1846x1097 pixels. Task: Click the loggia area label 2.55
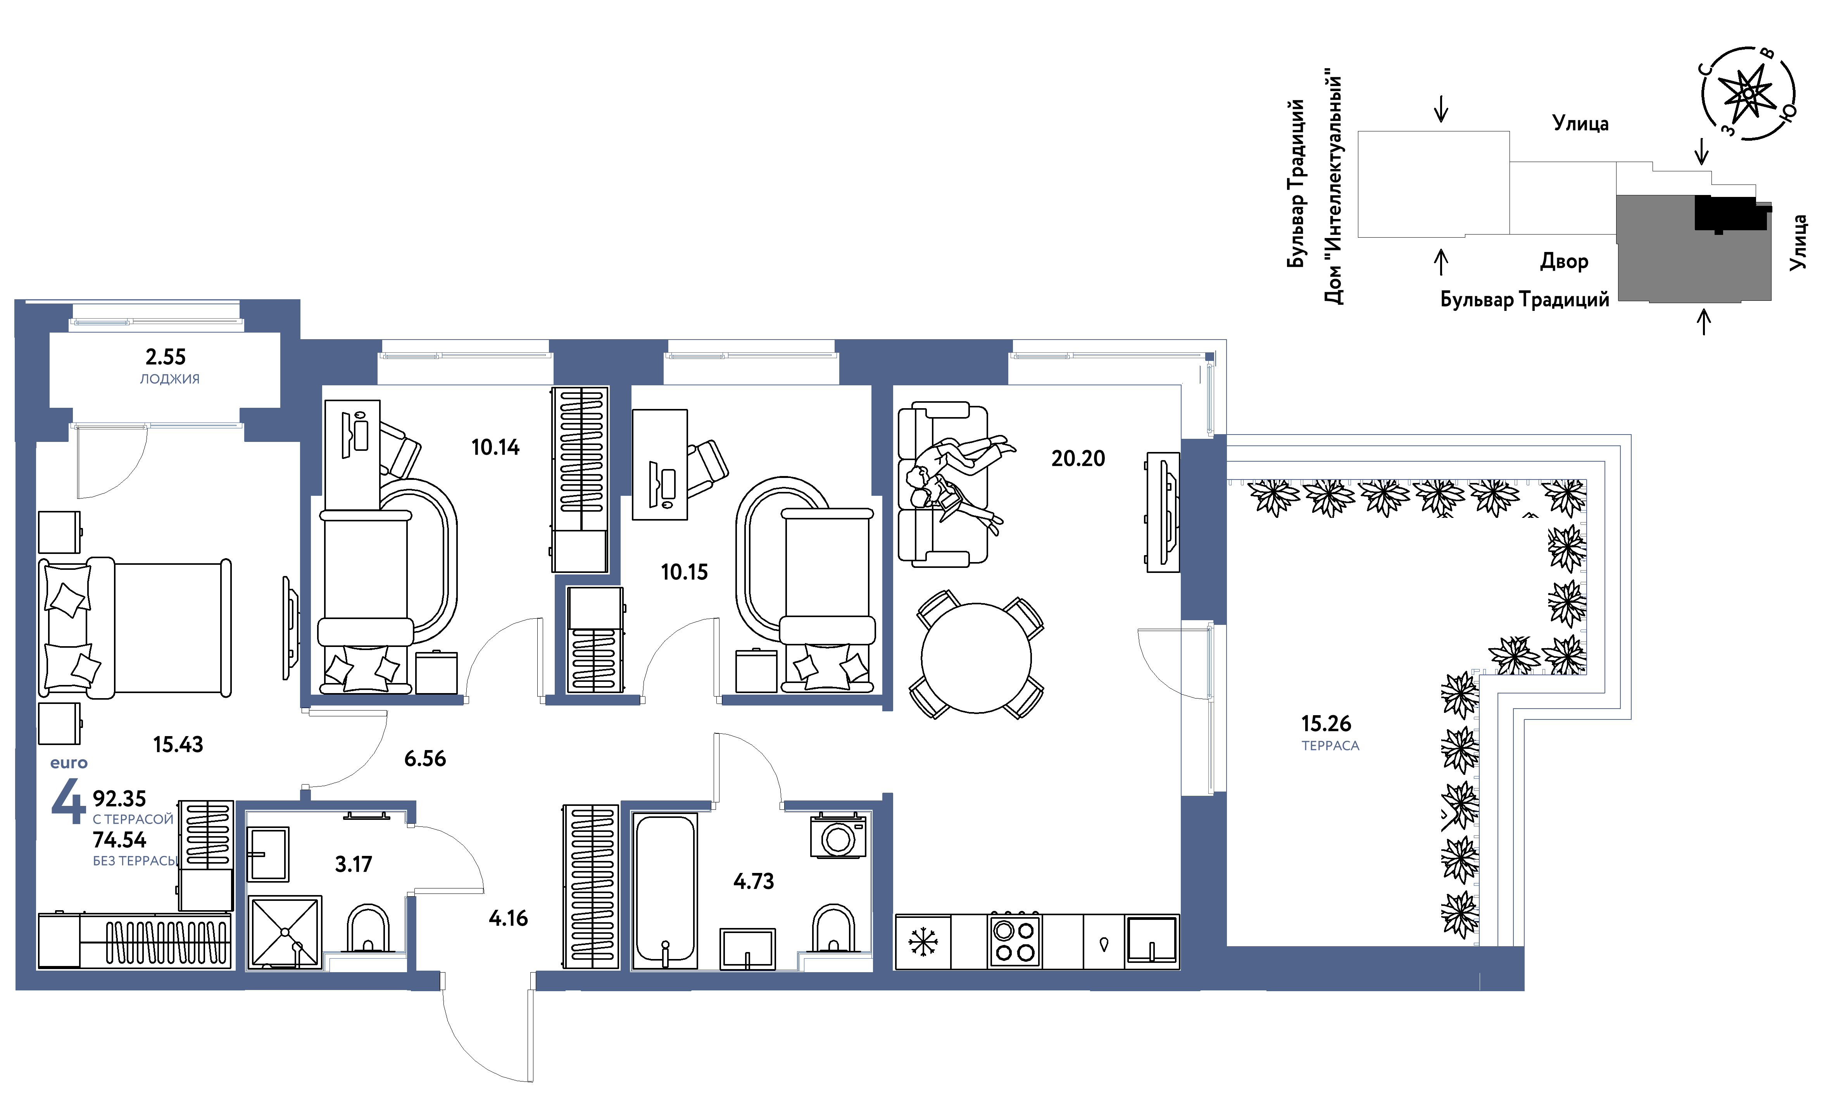coord(166,357)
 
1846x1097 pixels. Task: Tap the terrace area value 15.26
coord(1325,724)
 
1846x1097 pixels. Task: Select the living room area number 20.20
coord(1078,458)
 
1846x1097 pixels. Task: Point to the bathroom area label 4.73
coord(753,881)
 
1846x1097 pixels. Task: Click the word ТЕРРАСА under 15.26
coord(1330,746)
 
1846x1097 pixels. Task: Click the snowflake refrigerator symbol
coord(923,942)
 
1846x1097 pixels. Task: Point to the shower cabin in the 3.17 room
coord(285,933)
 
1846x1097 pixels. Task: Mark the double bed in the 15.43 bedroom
coord(135,628)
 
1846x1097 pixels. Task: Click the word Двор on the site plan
coord(1563,262)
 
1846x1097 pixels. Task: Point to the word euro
coord(69,763)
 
